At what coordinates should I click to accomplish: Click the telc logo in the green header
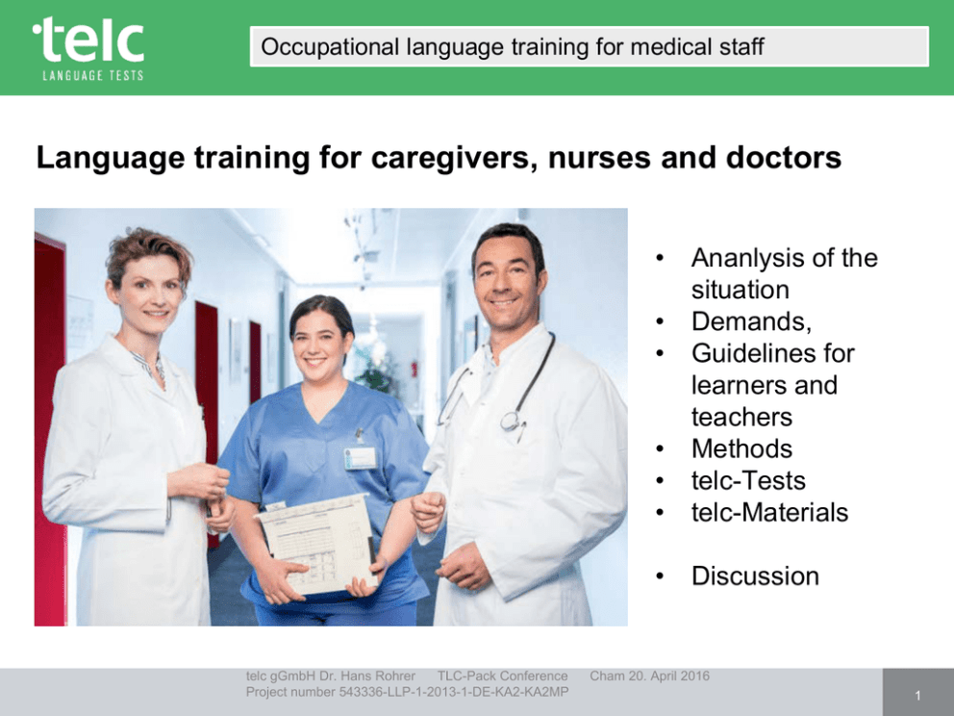pyautogui.click(x=88, y=48)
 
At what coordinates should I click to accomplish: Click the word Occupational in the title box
pyautogui.click(x=330, y=47)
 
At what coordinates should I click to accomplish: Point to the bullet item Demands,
pyautogui.click(x=751, y=321)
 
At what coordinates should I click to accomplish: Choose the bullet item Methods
pyautogui.click(x=741, y=448)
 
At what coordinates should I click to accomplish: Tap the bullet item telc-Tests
pyautogui.click(x=748, y=480)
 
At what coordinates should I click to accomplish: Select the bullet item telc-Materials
pyautogui.click(x=769, y=512)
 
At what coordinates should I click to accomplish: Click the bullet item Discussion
pyautogui.click(x=755, y=575)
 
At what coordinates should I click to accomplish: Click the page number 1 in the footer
pyautogui.click(x=918, y=695)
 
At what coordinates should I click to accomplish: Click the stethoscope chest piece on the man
pyautogui.click(x=511, y=421)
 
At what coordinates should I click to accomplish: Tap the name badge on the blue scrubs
pyautogui.click(x=361, y=458)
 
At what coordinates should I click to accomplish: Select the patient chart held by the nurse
pyautogui.click(x=316, y=543)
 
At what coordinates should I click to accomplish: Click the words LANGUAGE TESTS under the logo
pyautogui.click(x=93, y=75)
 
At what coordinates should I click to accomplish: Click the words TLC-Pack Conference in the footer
pyautogui.click(x=503, y=676)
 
